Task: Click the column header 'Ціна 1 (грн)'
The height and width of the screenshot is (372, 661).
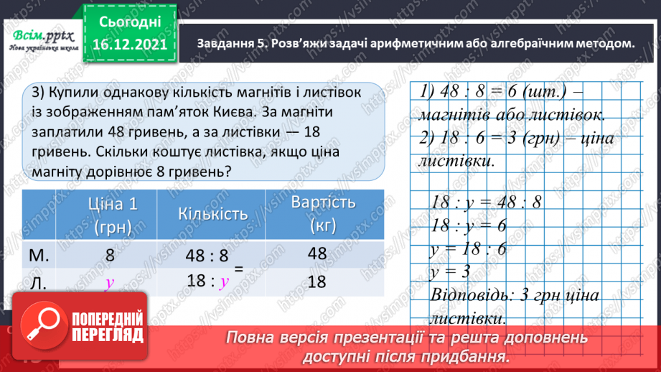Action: (x=110, y=214)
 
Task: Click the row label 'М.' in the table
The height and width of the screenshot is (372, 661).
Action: (x=41, y=254)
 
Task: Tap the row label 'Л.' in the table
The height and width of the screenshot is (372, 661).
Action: (x=39, y=282)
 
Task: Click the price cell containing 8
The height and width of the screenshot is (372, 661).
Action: (x=110, y=254)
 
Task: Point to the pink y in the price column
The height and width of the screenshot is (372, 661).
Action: (x=110, y=282)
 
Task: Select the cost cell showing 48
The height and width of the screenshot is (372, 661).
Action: (x=317, y=254)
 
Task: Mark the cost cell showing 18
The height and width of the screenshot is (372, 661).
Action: (x=317, y=282)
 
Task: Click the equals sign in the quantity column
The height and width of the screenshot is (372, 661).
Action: (x=240, y=268)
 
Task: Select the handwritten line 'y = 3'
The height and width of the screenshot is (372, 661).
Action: (x=451, y=271)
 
